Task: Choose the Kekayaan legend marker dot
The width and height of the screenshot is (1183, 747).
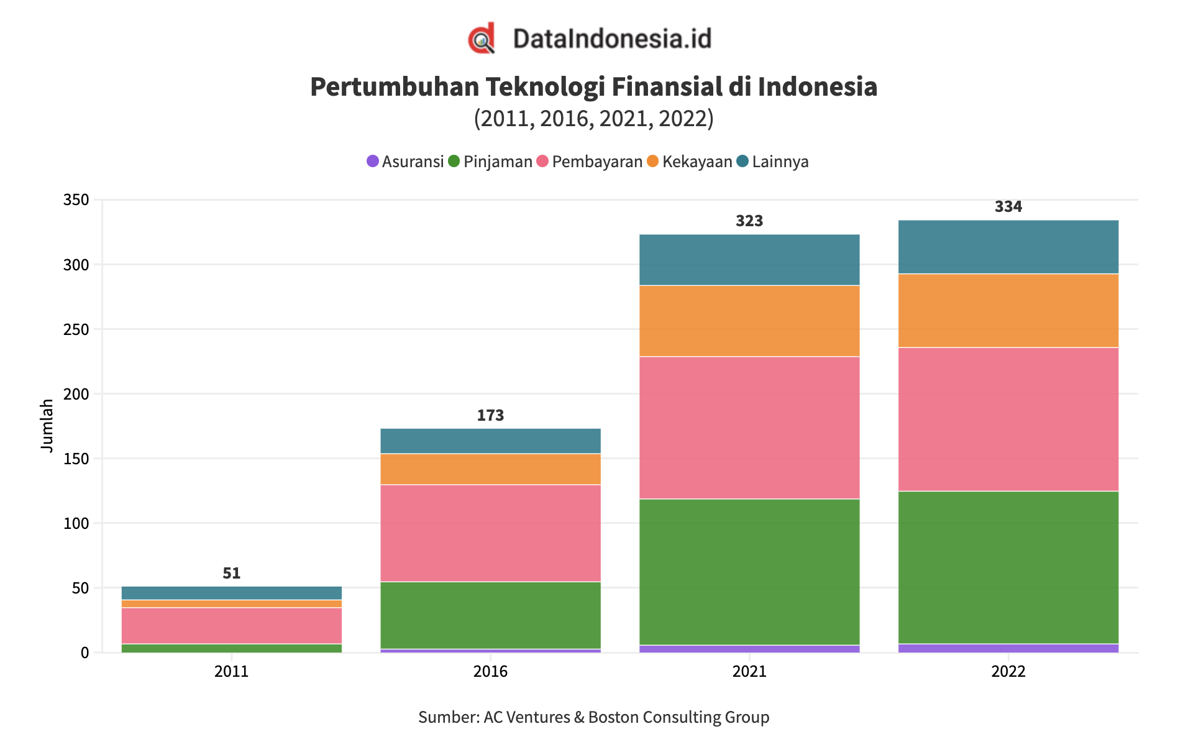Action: click(652, 162)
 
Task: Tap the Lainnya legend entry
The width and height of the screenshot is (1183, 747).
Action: click(773, 162)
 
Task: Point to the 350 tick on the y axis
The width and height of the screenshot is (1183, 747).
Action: click(76, 200)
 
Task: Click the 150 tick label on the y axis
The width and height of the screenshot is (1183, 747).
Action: click(76, 459)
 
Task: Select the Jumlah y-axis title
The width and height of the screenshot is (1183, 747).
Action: click(47, 426)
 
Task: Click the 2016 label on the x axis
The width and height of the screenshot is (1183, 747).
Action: click(490, 672)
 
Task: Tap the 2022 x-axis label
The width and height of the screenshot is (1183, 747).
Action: click(1008, 672)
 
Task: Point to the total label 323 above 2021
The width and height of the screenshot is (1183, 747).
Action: click(749, 221)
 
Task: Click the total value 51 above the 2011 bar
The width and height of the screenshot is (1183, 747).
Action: click(232, 573)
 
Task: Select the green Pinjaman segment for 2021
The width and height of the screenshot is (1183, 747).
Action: click(749, 572)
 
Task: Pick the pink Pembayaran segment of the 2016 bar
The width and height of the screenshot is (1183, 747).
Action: click(490, 533)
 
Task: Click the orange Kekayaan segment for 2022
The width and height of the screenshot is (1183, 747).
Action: click(1008, 311)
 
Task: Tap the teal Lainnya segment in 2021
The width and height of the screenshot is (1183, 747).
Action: click(749, 260)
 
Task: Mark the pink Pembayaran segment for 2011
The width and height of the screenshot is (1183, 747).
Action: click(232, 625)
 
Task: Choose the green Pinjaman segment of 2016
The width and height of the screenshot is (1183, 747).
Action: click(490, 615)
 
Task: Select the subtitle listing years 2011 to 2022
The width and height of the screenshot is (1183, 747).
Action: click(593, 119)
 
